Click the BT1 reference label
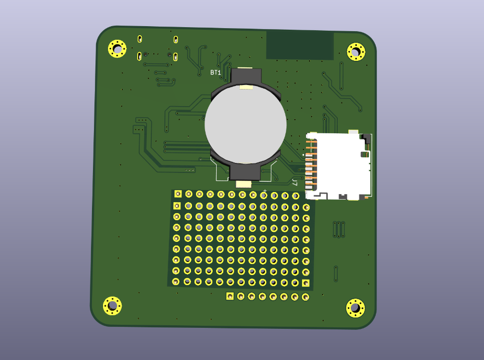pyautogui.click(x=216, y=73)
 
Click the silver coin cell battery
pyautogui.click(x=245, y=124)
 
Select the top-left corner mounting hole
pyautogui.click(x=117, y=49)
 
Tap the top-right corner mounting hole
pyautogui.click(x=356, y=51)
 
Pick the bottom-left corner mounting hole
pyautogui.click(x=112, y=305)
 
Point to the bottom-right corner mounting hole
pyautogui.click(x=355, y=308)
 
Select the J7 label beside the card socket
pyautogui.click(x=295, y=183)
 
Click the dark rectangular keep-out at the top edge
pyautogui.click(x=300, y=45)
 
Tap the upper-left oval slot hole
pyautogui.click(x=140, y=39)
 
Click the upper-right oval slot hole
pyautogui.click(x=175, y=40)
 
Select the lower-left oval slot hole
pyautogui.click(x=139, y=56)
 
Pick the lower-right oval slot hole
pyautogui.click(x=175, y=57)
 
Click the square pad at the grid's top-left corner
pyautogui.click(x=178, y=194)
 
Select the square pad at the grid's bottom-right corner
pyautogui.click(x=306, y=283)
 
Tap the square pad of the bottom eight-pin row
pyautogui.click(x=230, y=296)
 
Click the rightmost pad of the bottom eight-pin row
pyautogui.click(x=305, y=297)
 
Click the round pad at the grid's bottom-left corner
pyautogui.click(x=176, y=282)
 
